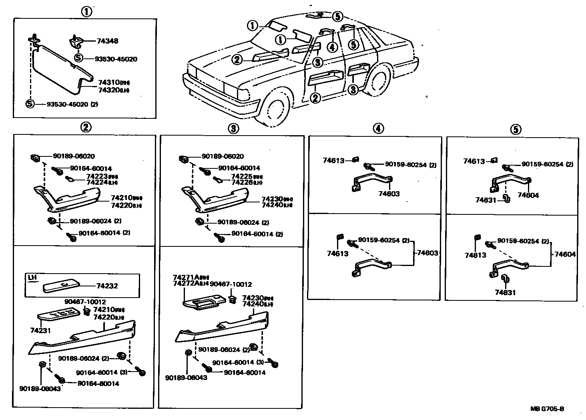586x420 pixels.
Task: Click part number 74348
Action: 108,41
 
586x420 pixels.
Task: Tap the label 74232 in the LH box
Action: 107,286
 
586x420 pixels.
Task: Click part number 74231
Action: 38,330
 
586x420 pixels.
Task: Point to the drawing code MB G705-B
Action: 547,409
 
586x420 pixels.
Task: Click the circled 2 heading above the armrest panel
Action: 86,127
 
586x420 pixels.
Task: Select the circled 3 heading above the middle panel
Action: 233,128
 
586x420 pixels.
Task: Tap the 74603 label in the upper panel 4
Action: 389,194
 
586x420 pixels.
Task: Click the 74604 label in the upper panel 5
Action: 528,196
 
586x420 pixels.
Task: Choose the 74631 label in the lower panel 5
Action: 505,293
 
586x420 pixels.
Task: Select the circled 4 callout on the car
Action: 331,47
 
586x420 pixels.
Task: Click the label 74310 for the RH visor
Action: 108,82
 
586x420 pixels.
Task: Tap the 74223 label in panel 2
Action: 97,176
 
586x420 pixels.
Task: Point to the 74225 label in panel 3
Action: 242,176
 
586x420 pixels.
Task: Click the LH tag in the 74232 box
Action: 32,277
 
